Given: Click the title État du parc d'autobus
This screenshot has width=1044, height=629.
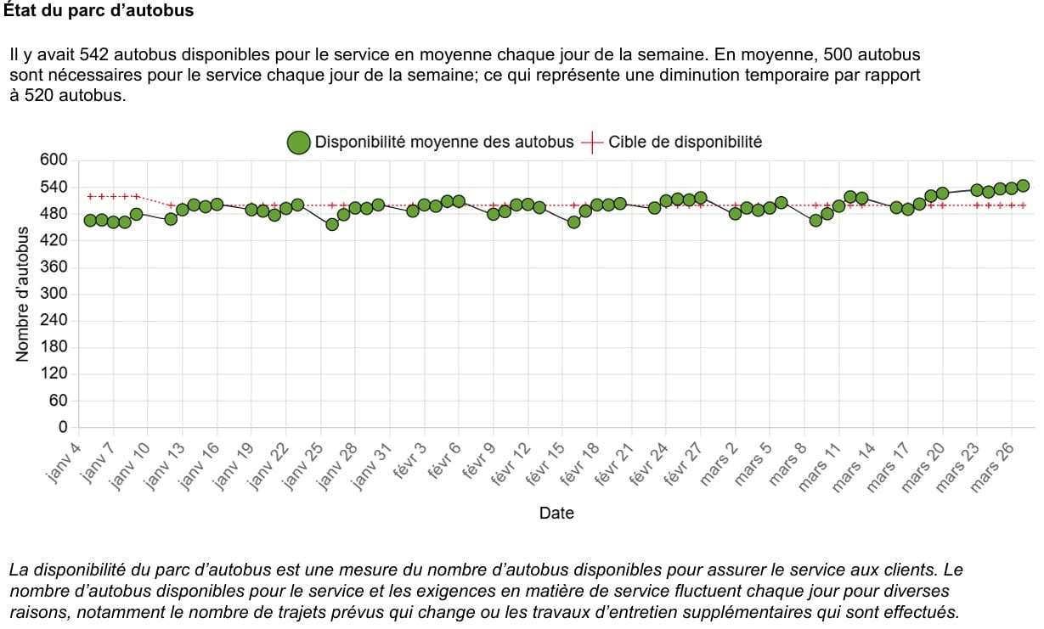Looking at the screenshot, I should coord(99,11).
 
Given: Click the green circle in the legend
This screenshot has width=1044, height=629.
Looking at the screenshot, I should coord(298,143).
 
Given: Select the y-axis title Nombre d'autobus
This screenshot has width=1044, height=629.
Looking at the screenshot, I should coord(24,295).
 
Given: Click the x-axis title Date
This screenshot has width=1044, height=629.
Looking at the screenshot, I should coord(556,513).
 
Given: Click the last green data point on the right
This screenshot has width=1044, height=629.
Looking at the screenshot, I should coord(1023,186).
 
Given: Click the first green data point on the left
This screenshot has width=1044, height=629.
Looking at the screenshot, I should coord(90,221).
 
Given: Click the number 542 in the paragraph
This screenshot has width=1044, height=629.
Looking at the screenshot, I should coord(93,55).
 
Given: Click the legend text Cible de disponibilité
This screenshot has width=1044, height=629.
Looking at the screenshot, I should coord(685,143).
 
